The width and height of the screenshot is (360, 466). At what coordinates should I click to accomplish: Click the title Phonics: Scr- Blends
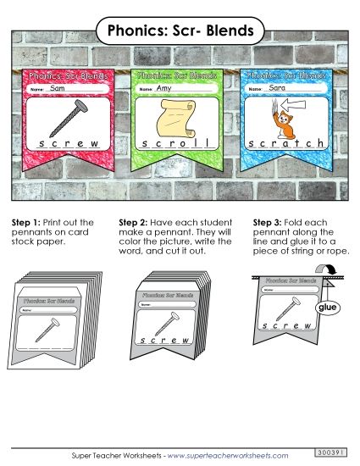tap(180, 31)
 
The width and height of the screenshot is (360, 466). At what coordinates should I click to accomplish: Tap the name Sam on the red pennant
tap(58, 88)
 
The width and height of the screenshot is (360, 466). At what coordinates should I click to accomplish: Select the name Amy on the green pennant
tap(164, 88)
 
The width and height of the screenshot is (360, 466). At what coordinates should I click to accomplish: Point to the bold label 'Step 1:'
tap(27, 222)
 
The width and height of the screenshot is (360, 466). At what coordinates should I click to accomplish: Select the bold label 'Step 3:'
tap(268, 222)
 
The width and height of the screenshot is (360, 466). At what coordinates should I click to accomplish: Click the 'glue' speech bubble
tap(327, 308)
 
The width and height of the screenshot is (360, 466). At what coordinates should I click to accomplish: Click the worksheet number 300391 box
tap(330, 452)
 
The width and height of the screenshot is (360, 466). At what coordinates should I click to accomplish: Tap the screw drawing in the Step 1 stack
tap(62, 326)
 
